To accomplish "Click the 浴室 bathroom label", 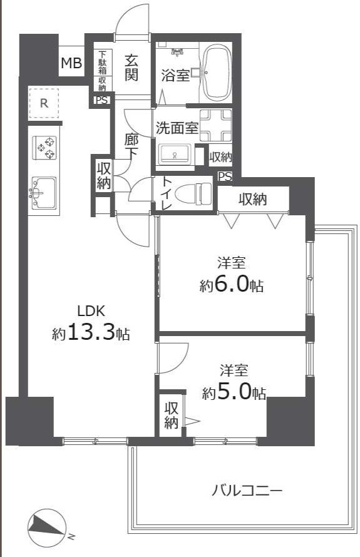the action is (x=175, y=75).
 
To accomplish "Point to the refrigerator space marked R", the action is (x=44, y=103).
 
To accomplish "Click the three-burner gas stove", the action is (x=45, y=148).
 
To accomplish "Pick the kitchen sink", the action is (x=44, y=193).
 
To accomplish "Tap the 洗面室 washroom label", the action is (x=177, y=128).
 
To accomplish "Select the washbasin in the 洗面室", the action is (x=175, y=155).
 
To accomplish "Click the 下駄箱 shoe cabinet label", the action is (x=102, y=63).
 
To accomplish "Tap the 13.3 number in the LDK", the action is (x=91, y=332).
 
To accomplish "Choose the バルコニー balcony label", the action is (x=247, y=491).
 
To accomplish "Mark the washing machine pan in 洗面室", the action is (x=215, y=126).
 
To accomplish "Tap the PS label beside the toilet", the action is (x=225, y=176).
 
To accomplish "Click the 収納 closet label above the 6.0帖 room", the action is (x=253, y=199).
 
